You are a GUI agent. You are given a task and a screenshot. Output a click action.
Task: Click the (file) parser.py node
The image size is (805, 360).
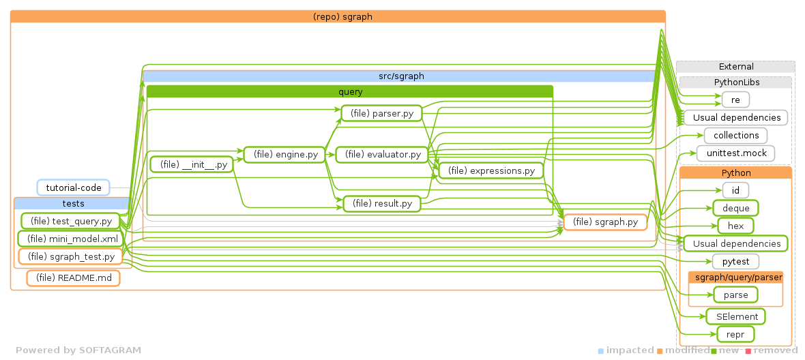[381, 114]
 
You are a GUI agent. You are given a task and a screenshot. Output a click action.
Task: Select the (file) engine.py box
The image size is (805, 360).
[285, 155]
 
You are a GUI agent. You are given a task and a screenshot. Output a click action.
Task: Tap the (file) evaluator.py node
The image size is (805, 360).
[382, 155]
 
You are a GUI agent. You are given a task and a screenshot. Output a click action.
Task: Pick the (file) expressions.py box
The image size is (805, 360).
[491, 170]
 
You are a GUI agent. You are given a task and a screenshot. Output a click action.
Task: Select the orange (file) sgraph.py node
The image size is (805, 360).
[605, 222]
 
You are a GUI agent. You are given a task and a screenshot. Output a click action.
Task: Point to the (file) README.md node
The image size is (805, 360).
[73, 277]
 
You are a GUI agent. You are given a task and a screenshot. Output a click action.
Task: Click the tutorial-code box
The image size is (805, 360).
[73, 187]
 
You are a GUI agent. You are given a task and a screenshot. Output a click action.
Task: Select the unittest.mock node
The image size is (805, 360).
[735, 153]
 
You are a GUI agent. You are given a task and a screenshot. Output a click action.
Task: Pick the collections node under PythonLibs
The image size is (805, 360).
[735, 135]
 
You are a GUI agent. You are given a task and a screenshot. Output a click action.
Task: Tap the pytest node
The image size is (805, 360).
[735, 261]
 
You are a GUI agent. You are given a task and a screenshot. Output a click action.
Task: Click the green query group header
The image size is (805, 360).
[350, 91]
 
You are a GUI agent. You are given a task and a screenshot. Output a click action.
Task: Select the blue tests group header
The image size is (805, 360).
[73, 203]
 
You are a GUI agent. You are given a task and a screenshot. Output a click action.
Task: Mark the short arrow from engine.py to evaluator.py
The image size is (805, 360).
[331, 155]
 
